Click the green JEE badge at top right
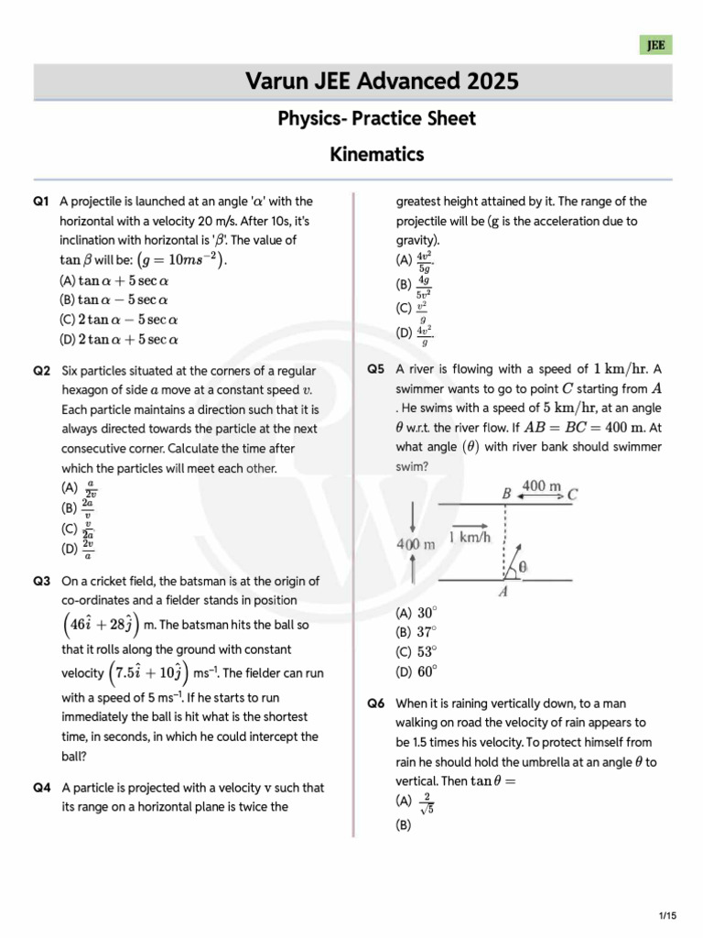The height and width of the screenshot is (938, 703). pos(655,45)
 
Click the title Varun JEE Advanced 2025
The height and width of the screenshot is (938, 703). pos(382,82)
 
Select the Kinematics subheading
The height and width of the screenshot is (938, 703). pos(376,154)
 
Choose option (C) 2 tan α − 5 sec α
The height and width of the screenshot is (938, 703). pos(118,320)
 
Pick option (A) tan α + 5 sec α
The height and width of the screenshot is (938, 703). pos(115,280)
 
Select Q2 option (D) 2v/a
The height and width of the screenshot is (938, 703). pos(78,549)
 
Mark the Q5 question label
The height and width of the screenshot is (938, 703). pos(376,369)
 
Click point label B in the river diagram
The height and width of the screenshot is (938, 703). pos(505,493)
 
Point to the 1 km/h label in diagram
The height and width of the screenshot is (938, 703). pos(470,538)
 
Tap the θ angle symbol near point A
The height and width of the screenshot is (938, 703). pos(523,567)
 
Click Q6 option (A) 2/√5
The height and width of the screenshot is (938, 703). pos(413,803)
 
